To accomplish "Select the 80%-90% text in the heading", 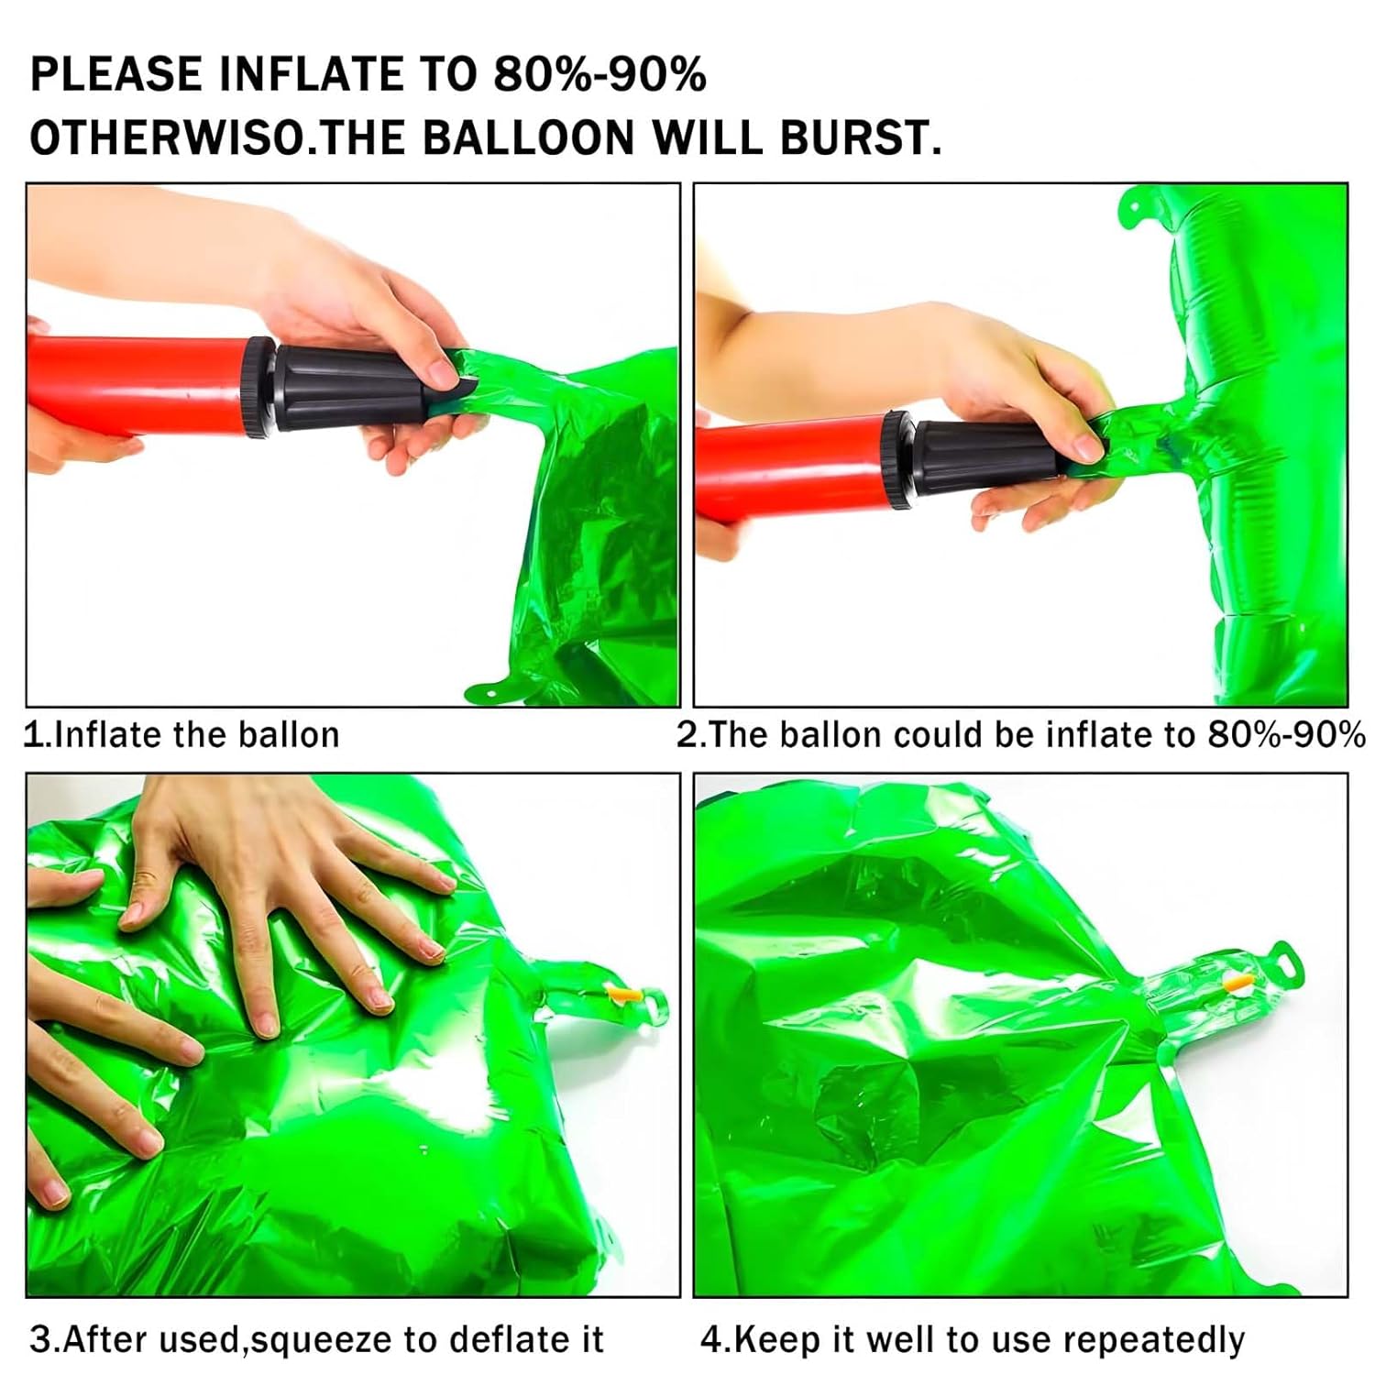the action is (600, 73).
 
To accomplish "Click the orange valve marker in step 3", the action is (621, 994).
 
